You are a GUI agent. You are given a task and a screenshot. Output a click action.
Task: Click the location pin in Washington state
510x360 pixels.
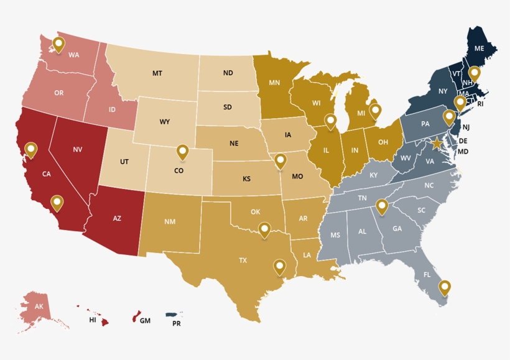[58, 44]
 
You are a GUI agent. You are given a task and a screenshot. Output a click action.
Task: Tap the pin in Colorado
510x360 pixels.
[182, 151]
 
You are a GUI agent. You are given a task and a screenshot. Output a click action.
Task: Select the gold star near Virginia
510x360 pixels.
[437, 144]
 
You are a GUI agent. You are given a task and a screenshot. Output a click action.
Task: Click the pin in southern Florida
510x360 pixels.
[444, 287]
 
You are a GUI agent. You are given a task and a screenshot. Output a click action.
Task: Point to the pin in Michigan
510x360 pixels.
[375, 111]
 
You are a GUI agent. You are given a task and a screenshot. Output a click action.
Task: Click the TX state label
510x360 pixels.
[243, 261]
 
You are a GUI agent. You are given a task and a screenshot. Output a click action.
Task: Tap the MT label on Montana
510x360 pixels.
[157, 73]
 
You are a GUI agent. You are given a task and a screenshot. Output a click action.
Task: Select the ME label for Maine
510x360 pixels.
[480, 48]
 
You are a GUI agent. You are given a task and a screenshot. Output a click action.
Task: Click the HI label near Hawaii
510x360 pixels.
[93, 320]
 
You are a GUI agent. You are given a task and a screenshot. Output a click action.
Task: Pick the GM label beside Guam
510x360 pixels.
[145, 321]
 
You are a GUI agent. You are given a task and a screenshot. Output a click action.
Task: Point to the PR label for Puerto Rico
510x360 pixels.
[177, 323]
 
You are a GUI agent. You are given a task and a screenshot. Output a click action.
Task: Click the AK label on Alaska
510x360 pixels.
[39, 307]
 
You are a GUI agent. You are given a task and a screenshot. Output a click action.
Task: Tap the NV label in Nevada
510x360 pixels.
[78, 149]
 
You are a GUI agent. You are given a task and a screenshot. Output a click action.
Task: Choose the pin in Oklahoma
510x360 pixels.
[265, 229]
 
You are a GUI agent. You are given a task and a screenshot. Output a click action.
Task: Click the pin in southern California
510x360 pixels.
[57, 202]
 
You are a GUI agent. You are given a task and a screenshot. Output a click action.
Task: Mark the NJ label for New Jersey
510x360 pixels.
[466, 127]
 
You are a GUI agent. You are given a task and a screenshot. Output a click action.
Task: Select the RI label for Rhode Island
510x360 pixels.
[480, 104]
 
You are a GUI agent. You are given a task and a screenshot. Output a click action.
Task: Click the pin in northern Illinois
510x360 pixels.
[331, 121]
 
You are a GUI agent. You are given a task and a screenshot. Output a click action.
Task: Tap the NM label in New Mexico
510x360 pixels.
[170, 221]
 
